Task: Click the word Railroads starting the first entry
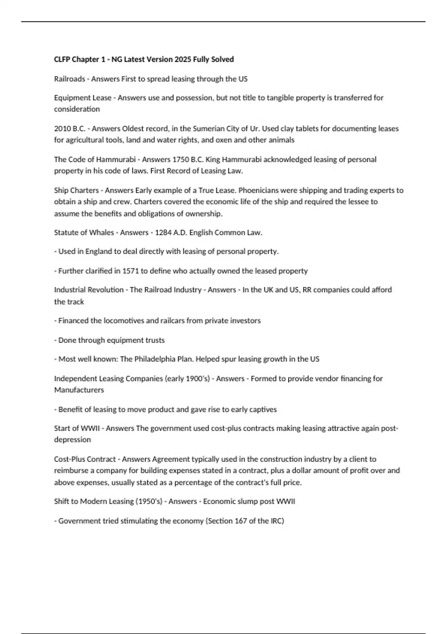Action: point(69,79)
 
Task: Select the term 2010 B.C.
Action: point(70,128)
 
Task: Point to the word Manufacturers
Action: point(79,390)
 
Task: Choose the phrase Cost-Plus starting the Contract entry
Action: point(69,459)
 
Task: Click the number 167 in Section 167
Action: point(241,521)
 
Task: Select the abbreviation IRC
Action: point(276,521)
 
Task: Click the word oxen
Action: point(222,140)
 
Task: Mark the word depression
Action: point(72,439)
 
